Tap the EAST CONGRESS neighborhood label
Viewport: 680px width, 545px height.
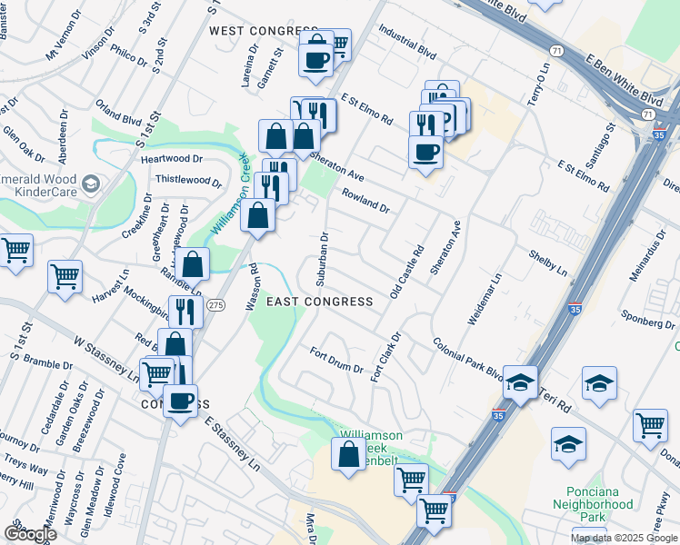(x=320, y=302)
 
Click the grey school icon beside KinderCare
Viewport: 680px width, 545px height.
(x=91, y=185)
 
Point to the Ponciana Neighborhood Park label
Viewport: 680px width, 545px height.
(x=593, y=510)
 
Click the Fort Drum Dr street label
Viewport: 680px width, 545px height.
(x=336, y=362)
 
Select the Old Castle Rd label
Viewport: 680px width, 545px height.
(x=406, y=272)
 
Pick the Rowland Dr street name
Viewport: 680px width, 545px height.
(x=365, y=201)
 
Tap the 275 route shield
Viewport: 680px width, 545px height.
(x=215, y=304)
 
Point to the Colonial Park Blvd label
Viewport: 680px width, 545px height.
(x=467, y=359)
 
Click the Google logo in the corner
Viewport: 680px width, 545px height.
(x=29, y=534)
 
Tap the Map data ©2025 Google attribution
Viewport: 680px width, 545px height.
(x=624, y=538)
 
